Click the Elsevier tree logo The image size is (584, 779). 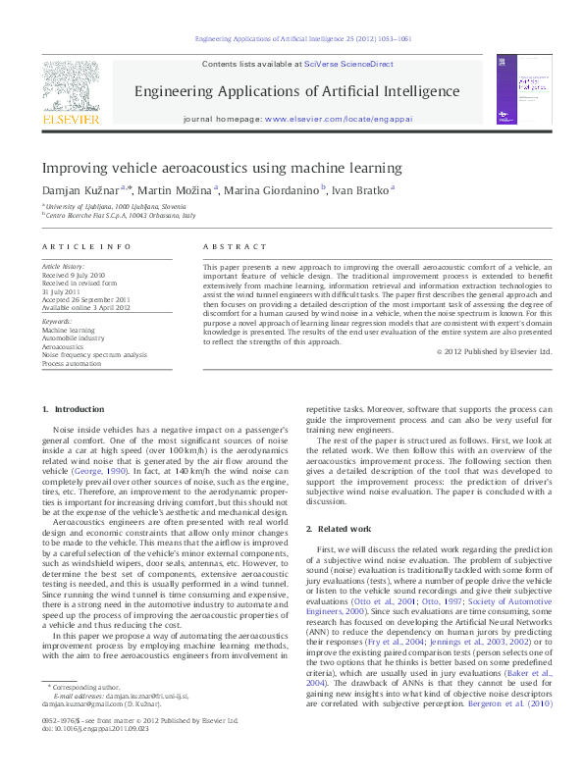point(70,85)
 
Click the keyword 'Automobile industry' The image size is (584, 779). point(74,339)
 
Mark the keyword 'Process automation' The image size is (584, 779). point(74,363)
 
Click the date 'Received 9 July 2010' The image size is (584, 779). point(75,275)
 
